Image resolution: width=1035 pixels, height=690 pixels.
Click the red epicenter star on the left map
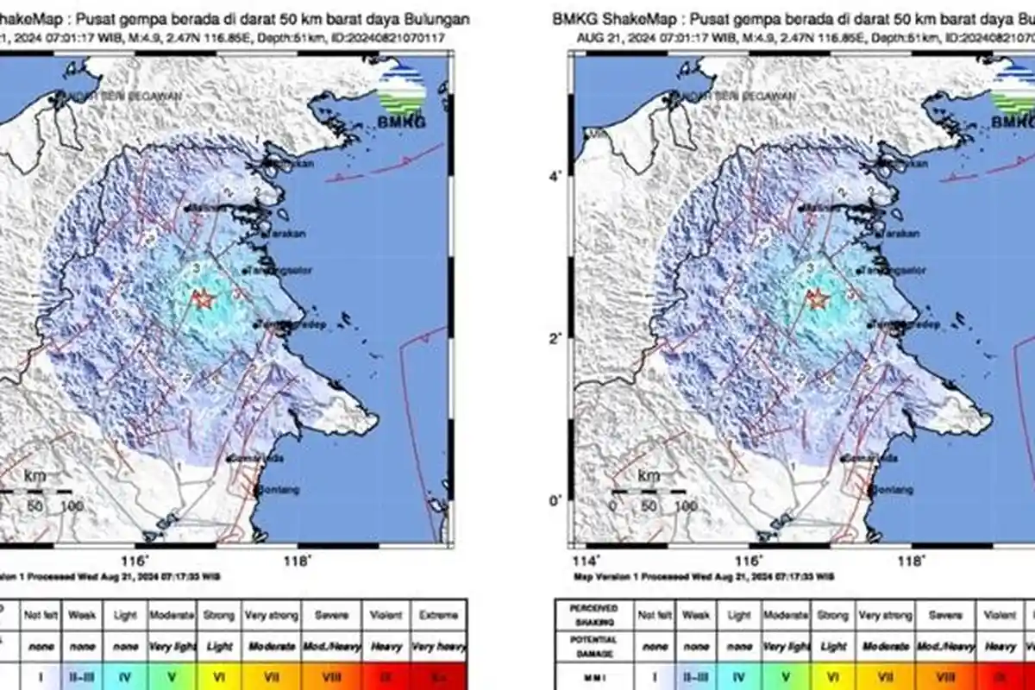(x=204, y=298)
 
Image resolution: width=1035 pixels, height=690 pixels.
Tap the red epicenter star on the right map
(x=816, y=298)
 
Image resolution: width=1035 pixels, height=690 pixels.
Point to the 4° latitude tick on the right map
(x=556, y=177)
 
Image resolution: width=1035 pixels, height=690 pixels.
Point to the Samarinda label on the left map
(x=258, y=459)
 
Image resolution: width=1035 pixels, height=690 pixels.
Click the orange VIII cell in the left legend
(x=331, y=678)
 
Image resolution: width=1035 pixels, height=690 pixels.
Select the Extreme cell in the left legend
(x=439, y=616)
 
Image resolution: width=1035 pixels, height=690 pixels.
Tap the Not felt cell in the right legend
(x=654, y=616)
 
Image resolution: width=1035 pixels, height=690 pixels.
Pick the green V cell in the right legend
(x=786, y=678)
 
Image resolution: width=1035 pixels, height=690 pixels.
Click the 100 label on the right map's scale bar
(x=686, y=505)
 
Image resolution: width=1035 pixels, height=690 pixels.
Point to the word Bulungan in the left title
(x=437, y=19)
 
